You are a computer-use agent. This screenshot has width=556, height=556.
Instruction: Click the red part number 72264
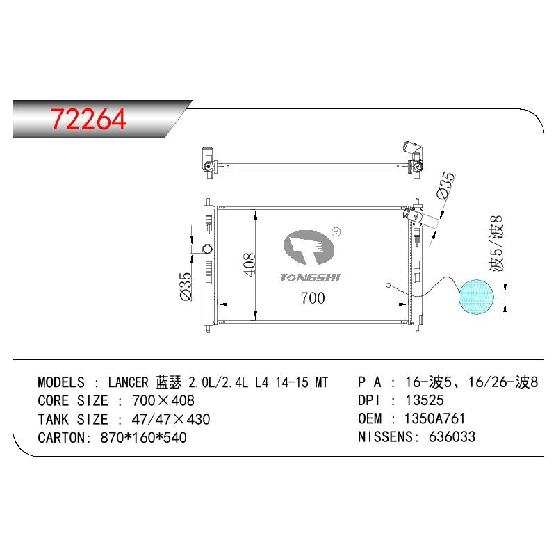coord(88,119)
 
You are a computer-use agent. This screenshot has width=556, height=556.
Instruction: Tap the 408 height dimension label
coord(250,264)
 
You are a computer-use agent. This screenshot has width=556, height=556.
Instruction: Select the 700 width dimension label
coord(313,298)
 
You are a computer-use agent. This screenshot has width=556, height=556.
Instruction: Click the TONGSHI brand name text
coord(310,277)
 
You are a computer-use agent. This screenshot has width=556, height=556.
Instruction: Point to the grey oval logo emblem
coord(309,247)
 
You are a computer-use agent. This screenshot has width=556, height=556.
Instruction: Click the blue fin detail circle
coord(476,297)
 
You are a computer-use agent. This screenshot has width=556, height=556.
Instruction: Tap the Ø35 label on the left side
coord(186,286)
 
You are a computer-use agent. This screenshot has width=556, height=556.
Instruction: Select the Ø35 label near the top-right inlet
coord(445,186)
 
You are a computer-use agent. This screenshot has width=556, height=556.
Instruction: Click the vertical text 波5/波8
coord(496,244)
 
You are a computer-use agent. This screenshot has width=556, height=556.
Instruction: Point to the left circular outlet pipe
coord(207,249)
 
